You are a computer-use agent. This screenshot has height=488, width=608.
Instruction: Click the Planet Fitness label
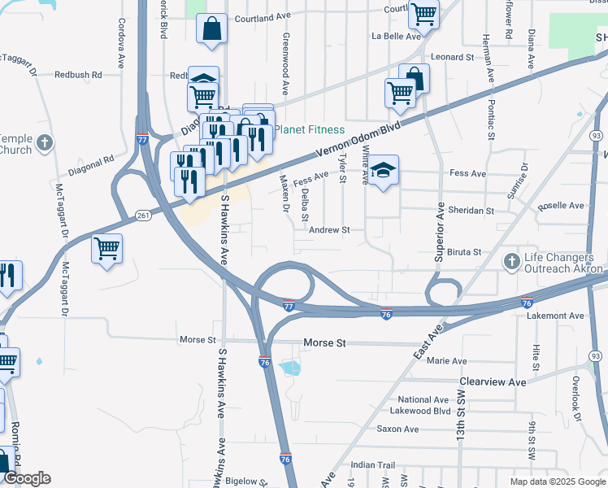tap(309, 130)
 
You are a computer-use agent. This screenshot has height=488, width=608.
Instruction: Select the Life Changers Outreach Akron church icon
tap(511, 262)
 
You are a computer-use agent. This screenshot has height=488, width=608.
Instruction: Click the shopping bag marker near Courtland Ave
tap(211, 29)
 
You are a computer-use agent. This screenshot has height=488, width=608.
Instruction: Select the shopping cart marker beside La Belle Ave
tap(423, 14)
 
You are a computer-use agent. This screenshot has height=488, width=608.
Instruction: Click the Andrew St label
tap(329, 230)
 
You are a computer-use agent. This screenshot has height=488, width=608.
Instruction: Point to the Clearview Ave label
tap(493, 381)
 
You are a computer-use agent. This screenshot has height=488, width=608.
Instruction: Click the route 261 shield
tap(143, 215)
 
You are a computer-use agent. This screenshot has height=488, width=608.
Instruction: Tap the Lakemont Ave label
tap(555, 316)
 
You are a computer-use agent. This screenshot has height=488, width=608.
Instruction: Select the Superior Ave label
tap(440, 232)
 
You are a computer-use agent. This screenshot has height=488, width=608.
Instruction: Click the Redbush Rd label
tap(78, 75)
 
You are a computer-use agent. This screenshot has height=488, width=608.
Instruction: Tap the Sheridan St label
tap(472, 211)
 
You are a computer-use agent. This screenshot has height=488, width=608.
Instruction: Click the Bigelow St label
tap(245, 481)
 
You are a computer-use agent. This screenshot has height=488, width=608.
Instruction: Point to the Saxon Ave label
tap(397, 429)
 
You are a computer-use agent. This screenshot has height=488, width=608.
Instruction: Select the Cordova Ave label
tap(121, 43)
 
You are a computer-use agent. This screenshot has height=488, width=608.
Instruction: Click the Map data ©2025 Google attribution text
tap(557, 481)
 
